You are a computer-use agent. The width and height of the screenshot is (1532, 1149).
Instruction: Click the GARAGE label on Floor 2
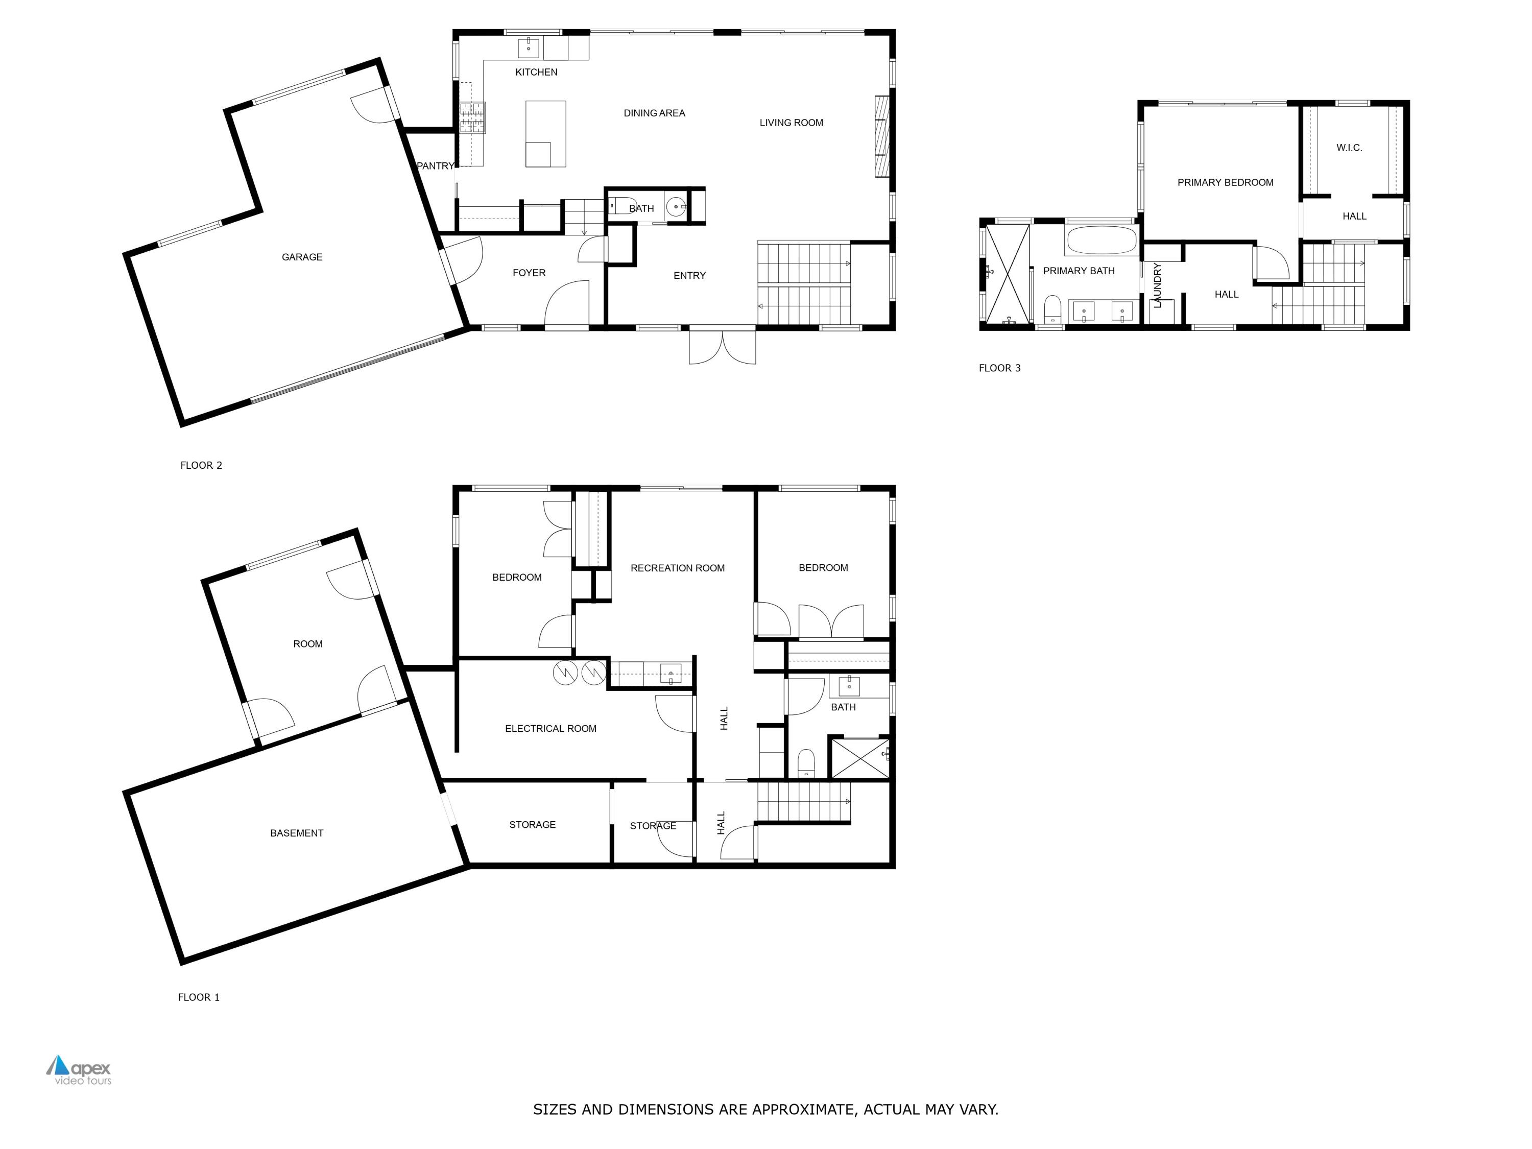302,257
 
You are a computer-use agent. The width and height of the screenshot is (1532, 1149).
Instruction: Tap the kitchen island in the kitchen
546,134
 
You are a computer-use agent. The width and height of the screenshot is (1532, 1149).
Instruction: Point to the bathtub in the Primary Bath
1101,241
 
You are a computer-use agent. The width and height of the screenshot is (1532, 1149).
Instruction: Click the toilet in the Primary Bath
1052,309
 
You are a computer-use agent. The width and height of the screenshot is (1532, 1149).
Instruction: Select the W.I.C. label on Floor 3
1349,148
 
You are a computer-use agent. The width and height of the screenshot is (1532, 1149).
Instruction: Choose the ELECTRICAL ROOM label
550,729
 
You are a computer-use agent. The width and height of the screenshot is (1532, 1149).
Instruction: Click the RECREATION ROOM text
677,568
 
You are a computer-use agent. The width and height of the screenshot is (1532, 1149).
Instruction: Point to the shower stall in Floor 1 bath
859,758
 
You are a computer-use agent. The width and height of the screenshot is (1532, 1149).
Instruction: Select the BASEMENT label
296,833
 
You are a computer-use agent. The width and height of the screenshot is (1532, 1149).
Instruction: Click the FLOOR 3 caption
999,368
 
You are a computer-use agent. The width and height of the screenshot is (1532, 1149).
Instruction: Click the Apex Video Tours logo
78,1070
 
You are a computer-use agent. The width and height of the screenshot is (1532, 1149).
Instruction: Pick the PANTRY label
435,165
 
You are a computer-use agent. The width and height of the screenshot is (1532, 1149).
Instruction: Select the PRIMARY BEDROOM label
1225,182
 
